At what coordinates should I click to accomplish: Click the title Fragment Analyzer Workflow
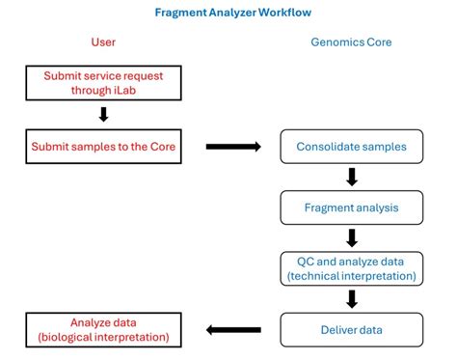click(232, 14)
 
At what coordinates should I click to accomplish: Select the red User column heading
click(103, 42)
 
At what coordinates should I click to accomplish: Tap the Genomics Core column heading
click(351, 42)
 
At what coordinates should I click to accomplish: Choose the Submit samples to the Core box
click(103, 146)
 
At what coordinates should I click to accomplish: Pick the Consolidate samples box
click(352, 146)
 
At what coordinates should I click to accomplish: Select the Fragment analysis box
click(352, 206)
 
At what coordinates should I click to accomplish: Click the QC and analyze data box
click(352, 268)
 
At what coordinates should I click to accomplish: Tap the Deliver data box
click(352, 329)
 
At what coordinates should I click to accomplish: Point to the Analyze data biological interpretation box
click(103, 329)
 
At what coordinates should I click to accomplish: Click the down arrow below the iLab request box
click(103, 115)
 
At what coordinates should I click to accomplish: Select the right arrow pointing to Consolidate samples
click(233, 147)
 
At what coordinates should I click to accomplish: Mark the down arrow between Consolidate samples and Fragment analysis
click(352, 177)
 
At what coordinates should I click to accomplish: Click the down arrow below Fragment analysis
click(352, 236)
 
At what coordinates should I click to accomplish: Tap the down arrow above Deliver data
click(352, 299)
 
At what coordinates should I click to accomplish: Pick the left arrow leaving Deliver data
click(233, 330)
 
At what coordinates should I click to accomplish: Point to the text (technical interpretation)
click(352, 276)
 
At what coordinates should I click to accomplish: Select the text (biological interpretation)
click(103, 337)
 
